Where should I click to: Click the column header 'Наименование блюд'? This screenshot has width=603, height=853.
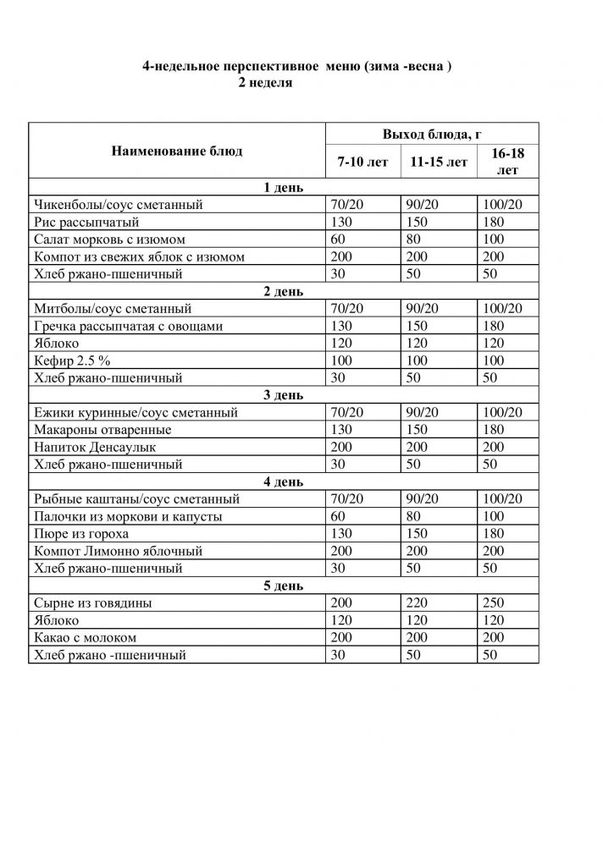pyautogui.click(x=176, y=151)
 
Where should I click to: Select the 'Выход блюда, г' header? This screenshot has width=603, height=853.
pyautogui.click(x=432, y=135)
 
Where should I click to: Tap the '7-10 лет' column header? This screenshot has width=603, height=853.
pyautogui.click(x=362, y=162)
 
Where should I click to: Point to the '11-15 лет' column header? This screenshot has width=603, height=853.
pyautogui.click(x=438, y=162)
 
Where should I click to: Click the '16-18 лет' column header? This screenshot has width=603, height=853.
pyautogui.click(x=506, y=162)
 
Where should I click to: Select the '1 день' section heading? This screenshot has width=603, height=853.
pyautogui.click(x=284, y=187)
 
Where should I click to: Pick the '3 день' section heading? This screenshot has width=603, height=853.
pyautogui.click(x=284, y=395)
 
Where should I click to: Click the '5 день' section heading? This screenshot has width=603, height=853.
pyautogui.click(x=284, y=586)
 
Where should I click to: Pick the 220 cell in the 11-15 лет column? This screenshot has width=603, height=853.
pyautogui.click(x=420, y=603)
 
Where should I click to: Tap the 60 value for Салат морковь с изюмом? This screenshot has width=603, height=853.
pyautogui.click(x=340, y=239)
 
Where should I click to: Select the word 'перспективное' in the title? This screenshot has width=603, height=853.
pyautogui.click(x=263, y=66)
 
